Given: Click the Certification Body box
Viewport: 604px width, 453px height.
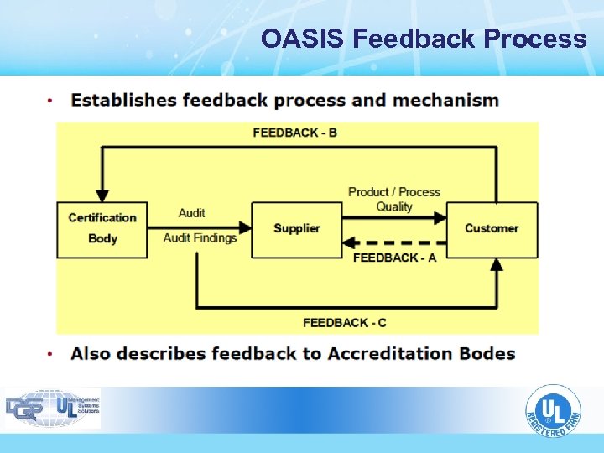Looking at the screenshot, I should coord(102,229).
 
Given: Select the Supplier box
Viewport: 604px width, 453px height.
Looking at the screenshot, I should coord(296,229).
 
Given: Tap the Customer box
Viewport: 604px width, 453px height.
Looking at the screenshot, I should coord(492,229).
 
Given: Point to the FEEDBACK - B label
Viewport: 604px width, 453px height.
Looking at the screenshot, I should coord(294,132).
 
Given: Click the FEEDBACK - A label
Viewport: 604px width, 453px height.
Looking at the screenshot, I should coord(394,258).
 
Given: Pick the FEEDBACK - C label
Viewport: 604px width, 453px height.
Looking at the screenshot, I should coord(345,323).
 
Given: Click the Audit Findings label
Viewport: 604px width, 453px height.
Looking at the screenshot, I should coord(200,238).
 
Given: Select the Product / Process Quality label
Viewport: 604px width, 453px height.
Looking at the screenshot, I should coord(394,199).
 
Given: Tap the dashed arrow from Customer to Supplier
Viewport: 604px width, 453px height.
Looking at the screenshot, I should coord(394,242).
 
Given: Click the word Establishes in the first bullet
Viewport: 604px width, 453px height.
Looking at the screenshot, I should coord(123,101).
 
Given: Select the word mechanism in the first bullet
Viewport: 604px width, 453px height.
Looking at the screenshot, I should coord(445,101).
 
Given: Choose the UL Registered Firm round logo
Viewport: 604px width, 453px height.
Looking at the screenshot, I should coord(553,413).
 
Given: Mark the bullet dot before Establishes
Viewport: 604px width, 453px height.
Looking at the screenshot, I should coord(51,102).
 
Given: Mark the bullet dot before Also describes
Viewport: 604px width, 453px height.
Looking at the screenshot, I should coord(51,354).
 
